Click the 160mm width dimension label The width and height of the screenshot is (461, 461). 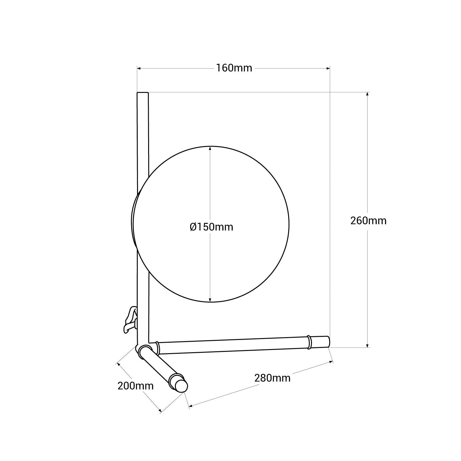pyautogui.click(x=234, y=68)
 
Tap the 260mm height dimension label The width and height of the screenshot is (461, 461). pyautogui.click(x=368, y=220)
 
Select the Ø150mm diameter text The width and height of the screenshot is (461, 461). pyautogui.click(x=211, y=227)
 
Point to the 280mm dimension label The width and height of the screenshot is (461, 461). pyautogui.click(x=272, y=378)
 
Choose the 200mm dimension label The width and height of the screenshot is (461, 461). pyautogui.click(x=135, y=385)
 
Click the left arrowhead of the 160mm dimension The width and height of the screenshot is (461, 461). pyautogui.click(x=139, y=68)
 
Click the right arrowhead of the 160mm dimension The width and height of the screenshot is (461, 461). pyautogui.click(x=328, y=68)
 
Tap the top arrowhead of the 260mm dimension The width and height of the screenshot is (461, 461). pyautogui.click(x=368, y=94)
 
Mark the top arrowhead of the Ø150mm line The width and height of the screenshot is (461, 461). pyautogui.click(x=210, y=148)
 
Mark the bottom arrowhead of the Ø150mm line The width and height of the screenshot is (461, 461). pyautogui.click(x=210, y=300)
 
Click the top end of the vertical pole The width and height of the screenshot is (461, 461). pyautogui.click(x=143, y=93)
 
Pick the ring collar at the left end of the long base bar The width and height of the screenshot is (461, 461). pyautogui.click(x=158, y=348)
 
